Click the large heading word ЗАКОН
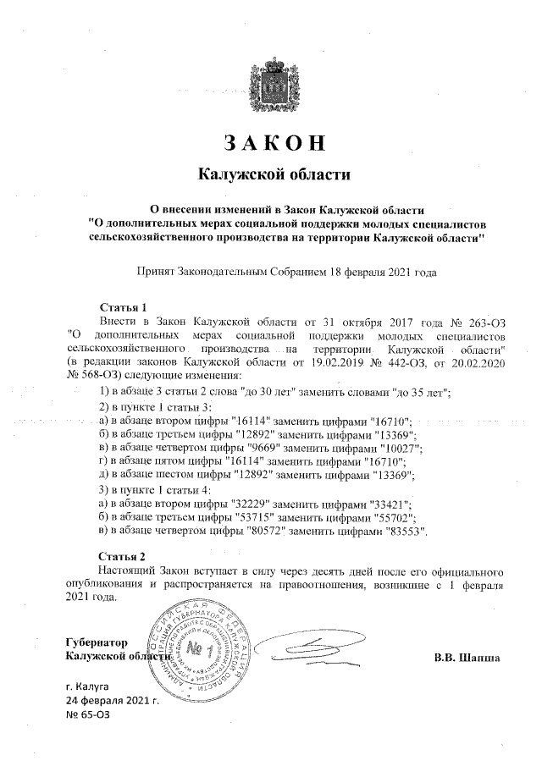pyautogui.click(x=273, y=142)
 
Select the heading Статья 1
pyautogui.click(x=124, y=308)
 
